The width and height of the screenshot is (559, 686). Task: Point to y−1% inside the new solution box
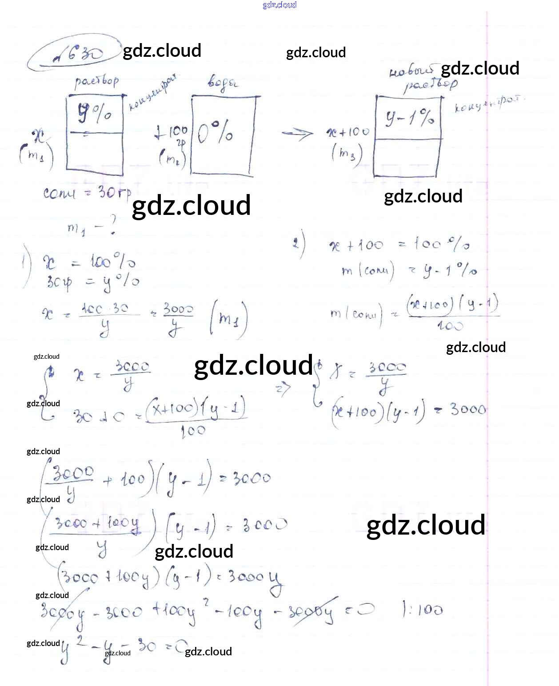pos(409,117)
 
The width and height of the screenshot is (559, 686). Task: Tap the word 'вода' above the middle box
pos(222,83)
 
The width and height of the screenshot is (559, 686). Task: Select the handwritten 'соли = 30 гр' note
pos(88,193)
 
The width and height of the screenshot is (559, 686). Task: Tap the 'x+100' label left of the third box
pos(348,132)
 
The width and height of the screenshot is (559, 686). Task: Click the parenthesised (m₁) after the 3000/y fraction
pos(228,318)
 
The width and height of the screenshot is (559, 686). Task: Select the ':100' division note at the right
pos(422,610)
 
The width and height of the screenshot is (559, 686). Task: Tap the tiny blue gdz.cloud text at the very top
pos(279,5)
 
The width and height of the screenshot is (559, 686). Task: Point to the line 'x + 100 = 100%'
pos(399,245)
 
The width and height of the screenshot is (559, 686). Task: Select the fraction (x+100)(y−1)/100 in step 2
pos(452,313)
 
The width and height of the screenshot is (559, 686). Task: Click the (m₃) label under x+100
pos(347,154)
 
